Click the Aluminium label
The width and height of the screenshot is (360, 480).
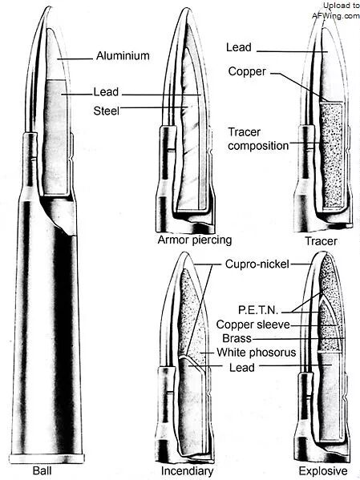(123, 56)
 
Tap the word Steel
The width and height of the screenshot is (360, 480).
(107, 111)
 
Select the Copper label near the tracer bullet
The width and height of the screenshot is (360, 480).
(247, 71)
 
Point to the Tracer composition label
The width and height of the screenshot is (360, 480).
(258, 139)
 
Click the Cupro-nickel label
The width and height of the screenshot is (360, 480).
(257, 264)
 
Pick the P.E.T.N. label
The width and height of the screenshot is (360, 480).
(258, 310)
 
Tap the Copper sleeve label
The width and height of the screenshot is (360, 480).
(253, 325)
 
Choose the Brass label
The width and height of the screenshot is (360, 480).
(237, 338)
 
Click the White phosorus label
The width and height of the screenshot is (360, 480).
(256, 353)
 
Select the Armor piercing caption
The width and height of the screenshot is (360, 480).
(195, 240)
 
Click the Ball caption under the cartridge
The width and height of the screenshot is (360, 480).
(42, 470)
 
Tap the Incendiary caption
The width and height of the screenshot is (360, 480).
(187, 471)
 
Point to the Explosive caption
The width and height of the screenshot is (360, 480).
(323, 471)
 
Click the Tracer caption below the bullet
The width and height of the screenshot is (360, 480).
(321, 241)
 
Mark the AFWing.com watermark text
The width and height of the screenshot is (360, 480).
(336, 15)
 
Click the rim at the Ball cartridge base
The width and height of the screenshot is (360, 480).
(47, 459)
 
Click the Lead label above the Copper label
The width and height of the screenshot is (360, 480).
(239, 47)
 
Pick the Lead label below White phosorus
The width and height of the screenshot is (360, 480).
(242, 367)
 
